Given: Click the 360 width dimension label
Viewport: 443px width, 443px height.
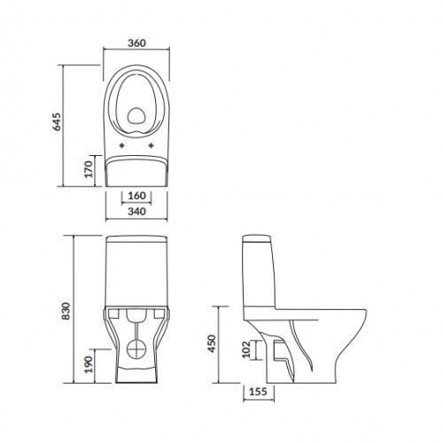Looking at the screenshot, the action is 136,43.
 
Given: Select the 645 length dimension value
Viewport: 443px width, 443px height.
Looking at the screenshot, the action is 57,121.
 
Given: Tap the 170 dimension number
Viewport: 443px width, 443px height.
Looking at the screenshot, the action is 89,168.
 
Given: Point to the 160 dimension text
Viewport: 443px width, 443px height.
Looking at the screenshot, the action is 137,196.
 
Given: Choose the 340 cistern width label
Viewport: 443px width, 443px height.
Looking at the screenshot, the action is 136,212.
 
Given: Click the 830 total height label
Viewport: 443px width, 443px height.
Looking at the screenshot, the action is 66,311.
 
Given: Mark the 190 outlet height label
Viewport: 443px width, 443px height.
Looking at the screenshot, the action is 89,364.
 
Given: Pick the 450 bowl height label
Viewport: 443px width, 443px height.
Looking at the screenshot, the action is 212,344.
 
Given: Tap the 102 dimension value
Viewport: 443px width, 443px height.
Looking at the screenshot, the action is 246,349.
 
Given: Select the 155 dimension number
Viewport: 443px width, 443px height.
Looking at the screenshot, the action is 259,392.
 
